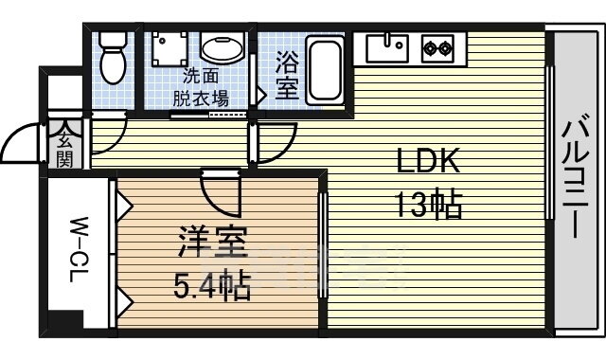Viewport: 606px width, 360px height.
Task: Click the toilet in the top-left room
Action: pyautogui.click(x=113, y=58)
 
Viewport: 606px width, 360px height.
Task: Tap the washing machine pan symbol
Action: pyautogui.click(x=169, y=48)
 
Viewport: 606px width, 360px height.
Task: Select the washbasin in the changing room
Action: pyautogui.click(x=223, y=48)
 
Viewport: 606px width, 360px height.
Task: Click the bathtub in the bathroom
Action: pyautogui.click(x=325, y=70)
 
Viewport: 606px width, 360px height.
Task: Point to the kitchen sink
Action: pyautogui.click(x=387, y=48)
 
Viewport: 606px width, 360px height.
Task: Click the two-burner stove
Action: pyautogui.click(x=437, y=48)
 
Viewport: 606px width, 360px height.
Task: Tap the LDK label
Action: pyautogui.click(x=428, y=160)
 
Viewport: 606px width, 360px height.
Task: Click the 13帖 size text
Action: pyautogui.click(x=428, y=204)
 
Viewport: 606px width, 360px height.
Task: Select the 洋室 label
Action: pyautogui.click(x=212, y=242)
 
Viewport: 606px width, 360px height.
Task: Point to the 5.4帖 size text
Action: pyautogui.click(x=212, y=286)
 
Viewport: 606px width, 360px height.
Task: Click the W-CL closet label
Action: pyautogui.click(x=80, y=249)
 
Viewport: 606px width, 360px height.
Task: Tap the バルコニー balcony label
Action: pyautogui.click(x=576, y=175)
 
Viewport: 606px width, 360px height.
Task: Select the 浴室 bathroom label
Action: pyautogui.click(x=287, y=78)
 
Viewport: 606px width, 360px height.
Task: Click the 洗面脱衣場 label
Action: pyautogui.click(x=200, y=87)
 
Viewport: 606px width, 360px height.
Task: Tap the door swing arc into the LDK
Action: pyautogui.click(x=284, y=149)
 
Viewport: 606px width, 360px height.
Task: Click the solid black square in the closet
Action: pyautogui.click(x=65, y=319)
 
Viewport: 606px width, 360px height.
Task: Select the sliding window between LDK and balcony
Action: pyautogui.click(x=549, y=143)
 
